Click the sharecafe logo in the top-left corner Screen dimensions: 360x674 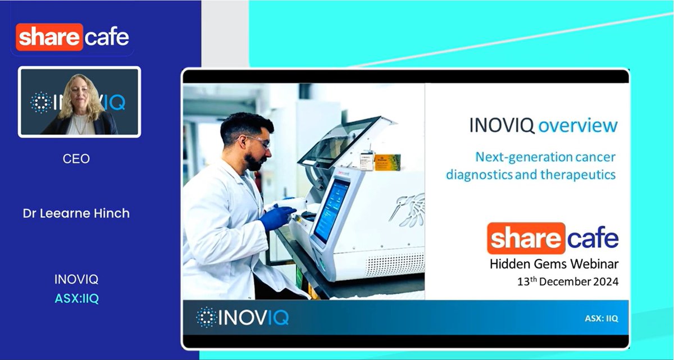72,38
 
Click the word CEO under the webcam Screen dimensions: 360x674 76,159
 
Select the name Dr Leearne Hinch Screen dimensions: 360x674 76,213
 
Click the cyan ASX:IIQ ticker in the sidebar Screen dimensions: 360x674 76,299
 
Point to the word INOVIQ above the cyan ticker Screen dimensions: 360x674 76,280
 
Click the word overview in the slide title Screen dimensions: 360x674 578,125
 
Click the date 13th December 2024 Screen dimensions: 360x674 568,281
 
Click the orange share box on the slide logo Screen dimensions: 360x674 525,238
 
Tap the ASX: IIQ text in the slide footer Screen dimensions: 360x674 601,318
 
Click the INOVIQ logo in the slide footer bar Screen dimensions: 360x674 243,317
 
